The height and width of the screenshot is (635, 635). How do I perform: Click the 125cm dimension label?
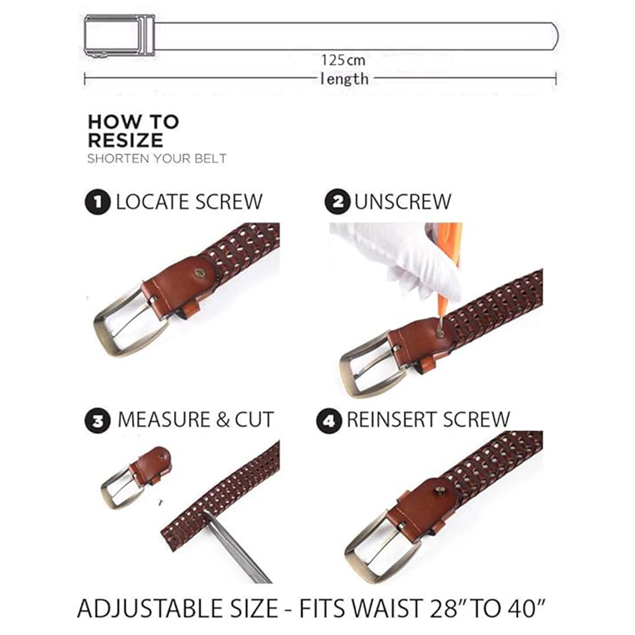pos(343,61)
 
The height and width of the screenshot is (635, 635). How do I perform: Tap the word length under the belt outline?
pos(344,79)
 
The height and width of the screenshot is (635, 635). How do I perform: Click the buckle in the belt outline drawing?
pos(119,36)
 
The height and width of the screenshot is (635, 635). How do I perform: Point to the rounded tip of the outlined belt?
pos(554,36)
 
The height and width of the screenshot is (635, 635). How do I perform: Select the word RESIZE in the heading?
pos(125,140)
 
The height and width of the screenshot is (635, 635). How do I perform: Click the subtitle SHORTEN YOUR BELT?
pos(156,158)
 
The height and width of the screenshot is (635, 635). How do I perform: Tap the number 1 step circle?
pos(97,201)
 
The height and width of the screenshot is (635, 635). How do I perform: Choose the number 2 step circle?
pos(337,201)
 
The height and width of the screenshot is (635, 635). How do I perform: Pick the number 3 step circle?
pos(97,421)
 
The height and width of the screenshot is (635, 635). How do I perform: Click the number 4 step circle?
pos(329,421)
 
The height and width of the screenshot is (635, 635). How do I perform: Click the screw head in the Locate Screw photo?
pos(199,273)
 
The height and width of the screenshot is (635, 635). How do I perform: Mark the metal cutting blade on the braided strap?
pos(235,547)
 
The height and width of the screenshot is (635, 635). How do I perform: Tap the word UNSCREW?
pos(403,201)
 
